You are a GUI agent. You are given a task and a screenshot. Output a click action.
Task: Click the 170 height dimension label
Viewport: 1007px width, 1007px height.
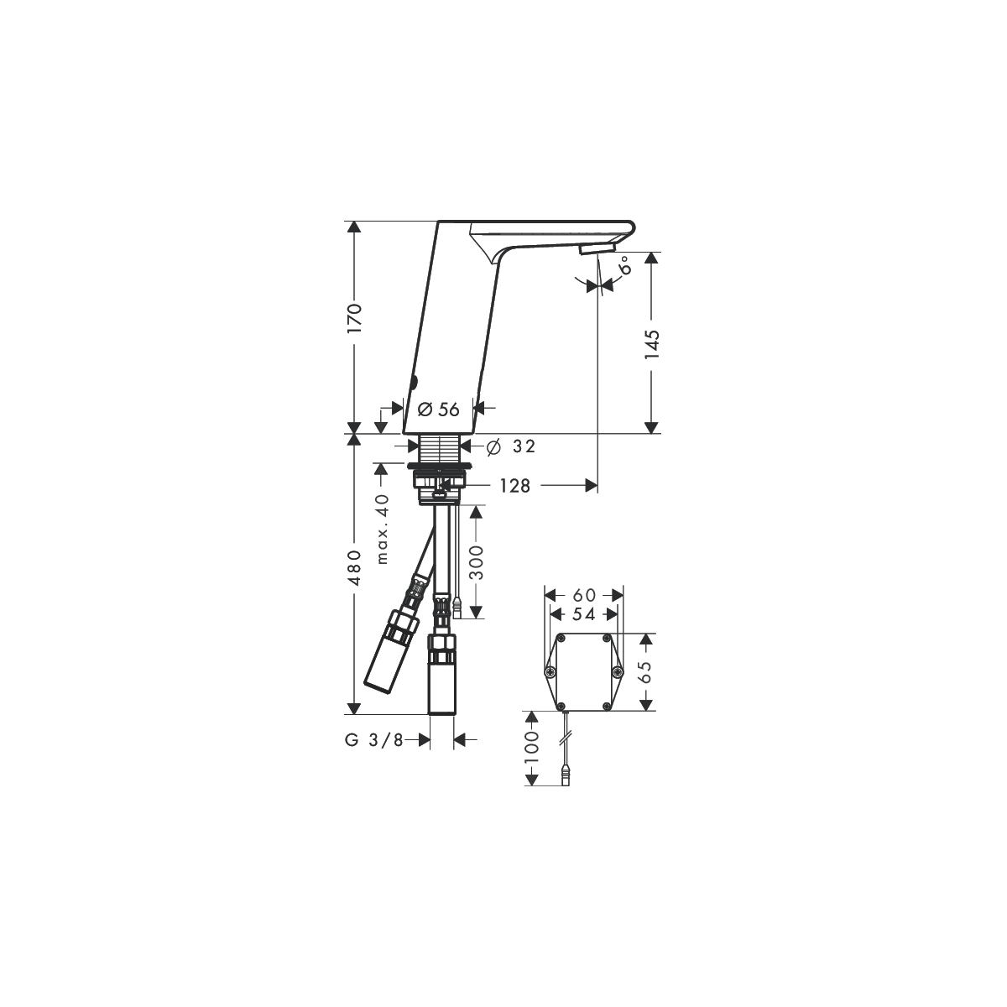(x=354, y=318)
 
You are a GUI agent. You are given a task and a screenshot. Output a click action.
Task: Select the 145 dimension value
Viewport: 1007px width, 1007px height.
(x=652, y=344)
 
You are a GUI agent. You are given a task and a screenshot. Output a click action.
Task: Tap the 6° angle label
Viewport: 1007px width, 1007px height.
(x=625, y=266)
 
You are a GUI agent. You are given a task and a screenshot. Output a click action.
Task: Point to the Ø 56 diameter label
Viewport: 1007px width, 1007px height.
(x=439, y=410)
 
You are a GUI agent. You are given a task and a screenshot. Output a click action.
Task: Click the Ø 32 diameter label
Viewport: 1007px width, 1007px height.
(x=510, y=446)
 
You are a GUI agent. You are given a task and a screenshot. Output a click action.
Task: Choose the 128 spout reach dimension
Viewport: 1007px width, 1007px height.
(x=514, y=486)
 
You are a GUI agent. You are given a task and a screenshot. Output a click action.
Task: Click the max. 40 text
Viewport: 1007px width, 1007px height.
(x=383, y=529)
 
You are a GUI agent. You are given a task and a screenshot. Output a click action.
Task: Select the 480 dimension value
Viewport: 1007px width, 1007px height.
(x=354, y=567)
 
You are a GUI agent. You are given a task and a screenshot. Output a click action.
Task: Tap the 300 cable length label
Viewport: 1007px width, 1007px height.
(x=476, y=562)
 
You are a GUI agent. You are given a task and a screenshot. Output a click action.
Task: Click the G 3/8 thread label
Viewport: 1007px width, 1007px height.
(x=374, y=740)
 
